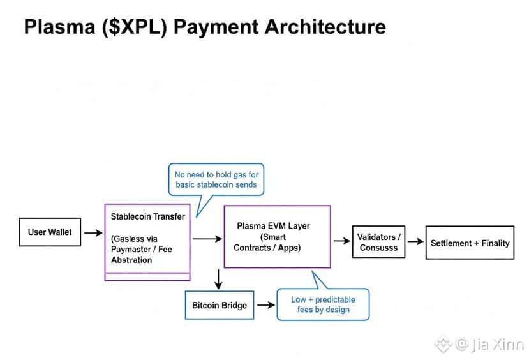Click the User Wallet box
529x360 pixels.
point(50,232)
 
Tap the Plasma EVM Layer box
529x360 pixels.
point(277,236)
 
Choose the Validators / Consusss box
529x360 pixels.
point(379,243)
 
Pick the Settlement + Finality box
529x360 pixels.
point(470,243)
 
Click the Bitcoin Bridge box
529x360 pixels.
point(219,306)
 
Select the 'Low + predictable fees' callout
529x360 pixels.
point(323,304)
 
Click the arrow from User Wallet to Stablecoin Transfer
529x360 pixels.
point(93,233)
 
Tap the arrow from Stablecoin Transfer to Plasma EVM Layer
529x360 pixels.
point(207,239)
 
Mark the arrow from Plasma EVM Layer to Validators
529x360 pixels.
point(341,241)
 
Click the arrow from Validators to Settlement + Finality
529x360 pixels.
point(415,242)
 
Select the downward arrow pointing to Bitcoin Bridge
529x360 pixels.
point(218,279)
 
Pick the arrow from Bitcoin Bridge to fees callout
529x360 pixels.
point(265,305)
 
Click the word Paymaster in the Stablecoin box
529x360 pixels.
point(131,249)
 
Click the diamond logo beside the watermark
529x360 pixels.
point(443,345)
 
